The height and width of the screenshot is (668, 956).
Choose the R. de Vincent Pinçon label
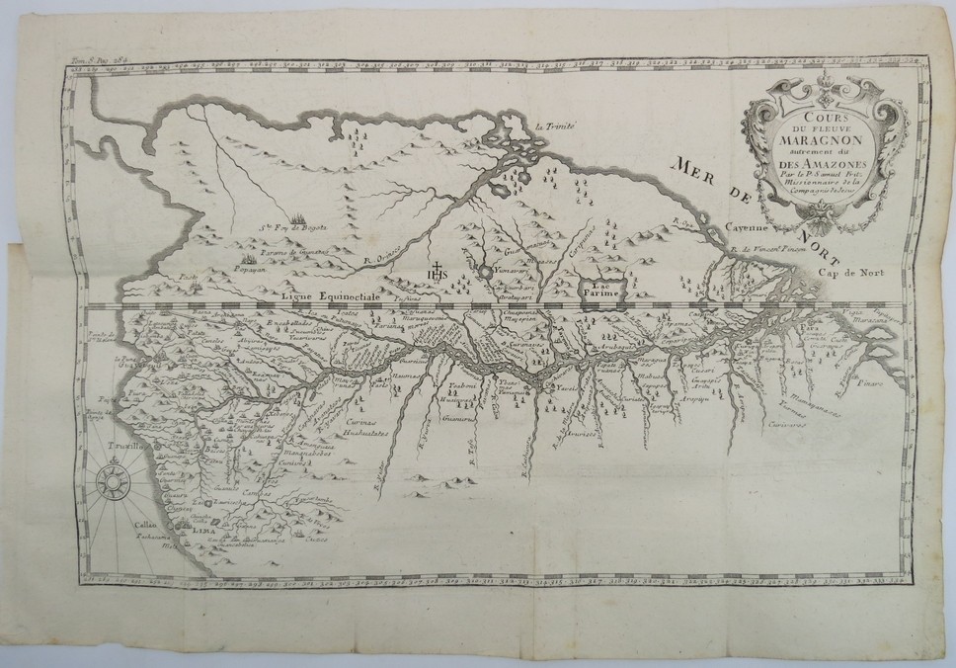pyautogui.click(x=775, y=249)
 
